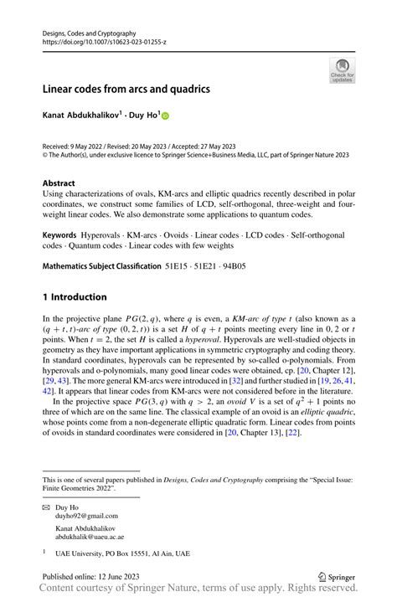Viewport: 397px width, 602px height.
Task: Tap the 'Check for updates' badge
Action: click(x=342, y=70)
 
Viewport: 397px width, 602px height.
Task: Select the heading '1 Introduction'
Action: click(x=75, y=296)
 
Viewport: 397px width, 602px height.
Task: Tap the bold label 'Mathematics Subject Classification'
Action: click(x=101, y=266)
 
